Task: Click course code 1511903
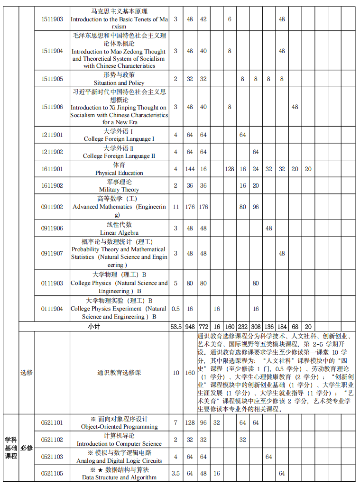pos(52,19)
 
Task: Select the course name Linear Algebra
pos(119,229)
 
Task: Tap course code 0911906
pos(52,229)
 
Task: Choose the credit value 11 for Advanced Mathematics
pos(175,207)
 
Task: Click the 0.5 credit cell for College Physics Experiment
pos(175,309)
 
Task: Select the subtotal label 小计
pos(93,327)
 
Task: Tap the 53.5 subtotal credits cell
pos(175,327)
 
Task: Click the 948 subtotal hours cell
pos(190,327)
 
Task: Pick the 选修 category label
pos(27,373)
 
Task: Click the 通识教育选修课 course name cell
pos(119,373)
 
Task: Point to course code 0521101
pos(52,422)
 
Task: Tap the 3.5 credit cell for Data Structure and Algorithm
pos(175,473)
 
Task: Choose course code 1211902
pos(52,152)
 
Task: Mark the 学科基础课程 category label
pos(10,448)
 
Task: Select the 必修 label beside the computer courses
pos(27,448)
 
